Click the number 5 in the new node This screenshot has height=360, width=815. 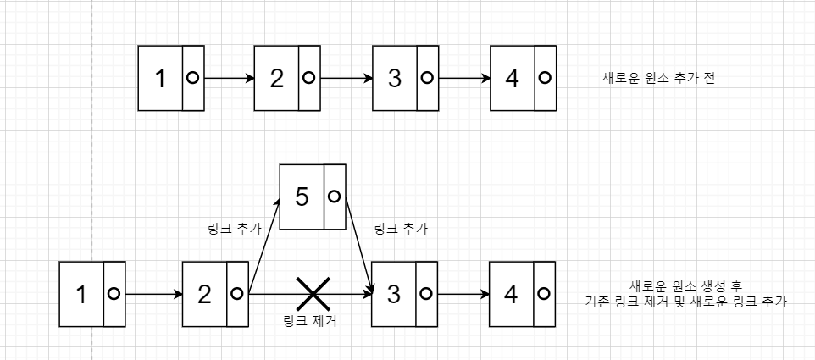301,197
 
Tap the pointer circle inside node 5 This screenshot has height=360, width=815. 334,197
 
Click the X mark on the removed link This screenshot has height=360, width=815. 313,294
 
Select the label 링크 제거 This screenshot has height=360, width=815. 308,320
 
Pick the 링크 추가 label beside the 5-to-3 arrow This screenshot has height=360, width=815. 400,229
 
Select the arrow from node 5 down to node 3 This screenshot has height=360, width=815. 358,246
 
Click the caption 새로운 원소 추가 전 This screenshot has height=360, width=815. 652,78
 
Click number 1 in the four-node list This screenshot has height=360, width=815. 161,78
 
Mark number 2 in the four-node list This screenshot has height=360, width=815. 277,78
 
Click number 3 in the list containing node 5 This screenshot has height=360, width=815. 394,294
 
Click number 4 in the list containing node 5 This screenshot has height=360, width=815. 511,294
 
